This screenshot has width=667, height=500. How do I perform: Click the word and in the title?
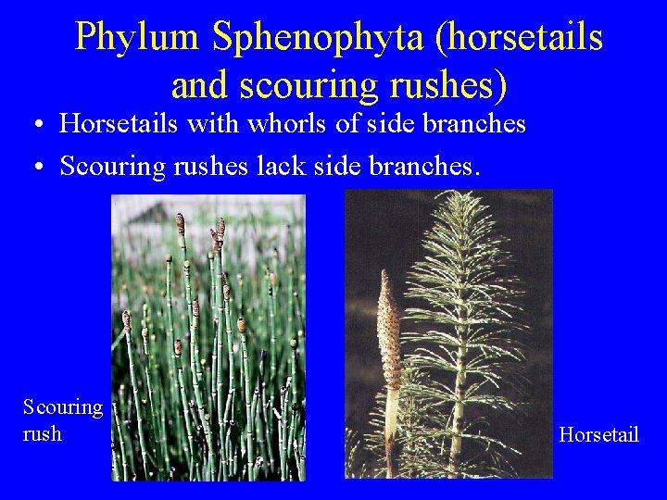[200, 84]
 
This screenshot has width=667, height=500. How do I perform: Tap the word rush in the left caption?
[43, 432]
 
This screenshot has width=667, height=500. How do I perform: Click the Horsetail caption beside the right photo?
[599, 433]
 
